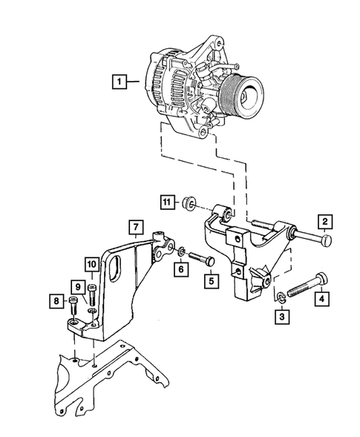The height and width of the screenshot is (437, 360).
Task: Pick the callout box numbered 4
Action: pyautogui.click(x=321, y=300)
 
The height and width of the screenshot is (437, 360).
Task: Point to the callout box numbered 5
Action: pyautogui.click(x=210, y=281)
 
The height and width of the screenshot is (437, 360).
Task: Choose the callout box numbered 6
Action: pyautogui.click(x=179, y=271)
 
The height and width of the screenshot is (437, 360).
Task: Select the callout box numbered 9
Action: pyautogui.click(x=76, y=286)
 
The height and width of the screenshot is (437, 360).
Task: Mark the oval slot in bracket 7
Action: pyautogui.click(x=115, y=269)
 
